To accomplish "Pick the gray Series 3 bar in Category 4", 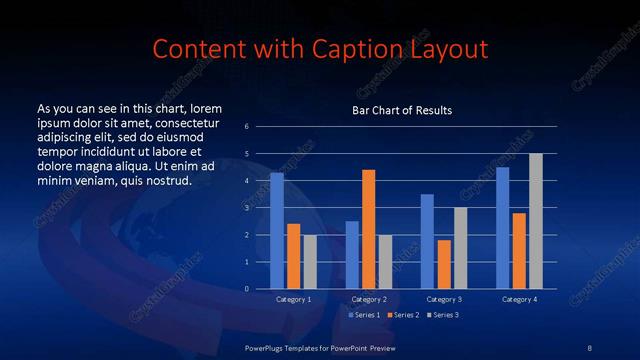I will [x=536, y=221].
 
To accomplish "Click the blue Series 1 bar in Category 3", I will [x=427, y=241].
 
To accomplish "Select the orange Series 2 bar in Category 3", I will [x=444, y=264].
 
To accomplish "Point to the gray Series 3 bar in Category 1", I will [x=310, y=262].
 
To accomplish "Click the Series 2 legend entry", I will [x=402, y=315].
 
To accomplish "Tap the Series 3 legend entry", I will [x=442, y=315].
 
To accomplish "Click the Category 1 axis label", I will [x=294, y=299].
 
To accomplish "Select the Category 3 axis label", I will [x=444, y=299].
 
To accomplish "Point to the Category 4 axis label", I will [x=519, y=299].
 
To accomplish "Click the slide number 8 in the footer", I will [x=589, y=347].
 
